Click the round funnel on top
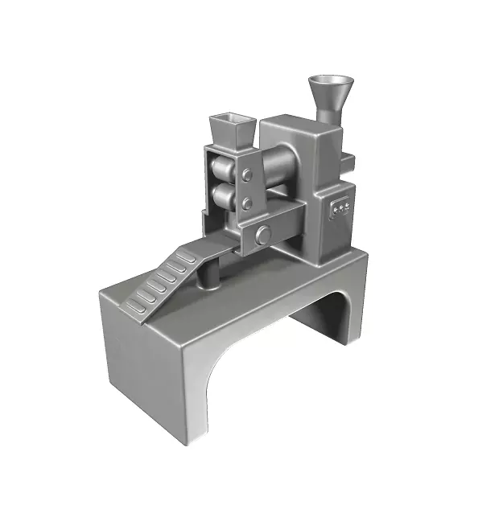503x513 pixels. [x=331, y=88]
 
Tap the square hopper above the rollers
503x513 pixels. [x=232, y=132]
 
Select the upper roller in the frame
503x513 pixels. [x=220, y=169]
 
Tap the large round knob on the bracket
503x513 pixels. [x=262, y=235]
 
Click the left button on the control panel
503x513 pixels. [x=334, y=211]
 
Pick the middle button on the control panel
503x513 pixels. [x=340, y=208]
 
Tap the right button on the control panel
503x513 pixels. [x=347, y=205]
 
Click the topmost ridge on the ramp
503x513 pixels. [x=188, y=257]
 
